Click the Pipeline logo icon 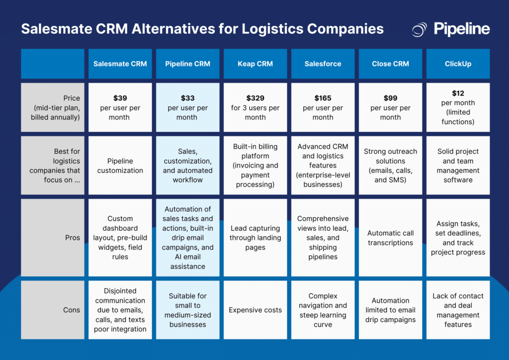click(x=420, y=29)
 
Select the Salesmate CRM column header click(x=120, y=64)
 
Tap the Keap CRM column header click(x=255, y=64)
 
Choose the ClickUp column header click(x=458, y=64)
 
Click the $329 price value click(x=255, y=98)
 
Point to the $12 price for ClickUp click(x=458, y=93)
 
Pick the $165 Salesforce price click(x=323, y=98)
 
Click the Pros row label click(x=73, y=238)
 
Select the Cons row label click(x=72, y=310)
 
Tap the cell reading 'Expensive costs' click(x=255, y=310)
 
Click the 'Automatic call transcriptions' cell click(x=390, y=238)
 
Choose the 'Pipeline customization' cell click(x=120, y=166)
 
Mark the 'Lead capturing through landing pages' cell click(x=255, y=238)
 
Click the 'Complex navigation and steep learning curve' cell click(x=323, y=310)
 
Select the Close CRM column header click(x=390, y=64)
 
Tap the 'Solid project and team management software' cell click(x=458, y=166)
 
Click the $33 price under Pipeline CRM click(x=187, y=98)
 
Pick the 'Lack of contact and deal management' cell click(x=458, y=310)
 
